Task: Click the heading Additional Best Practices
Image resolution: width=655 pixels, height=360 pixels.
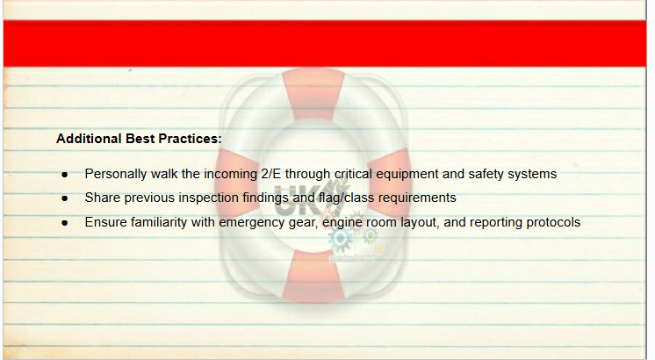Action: [139, 139]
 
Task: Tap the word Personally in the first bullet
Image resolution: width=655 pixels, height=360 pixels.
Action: [116, 174]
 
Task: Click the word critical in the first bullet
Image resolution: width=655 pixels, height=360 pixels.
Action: [353, 174]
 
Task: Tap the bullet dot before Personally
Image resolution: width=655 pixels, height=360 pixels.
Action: [64, 175]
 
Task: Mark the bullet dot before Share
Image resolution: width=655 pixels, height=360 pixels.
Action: [64, 198]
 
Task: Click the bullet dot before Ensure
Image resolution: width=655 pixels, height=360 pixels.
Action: [64, 223]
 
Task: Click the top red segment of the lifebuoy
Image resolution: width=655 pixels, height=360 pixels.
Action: [313, 94]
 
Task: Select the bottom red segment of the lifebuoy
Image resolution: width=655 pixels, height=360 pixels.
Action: [313, 276]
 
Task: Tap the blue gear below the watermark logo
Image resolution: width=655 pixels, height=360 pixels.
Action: [340, 239]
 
